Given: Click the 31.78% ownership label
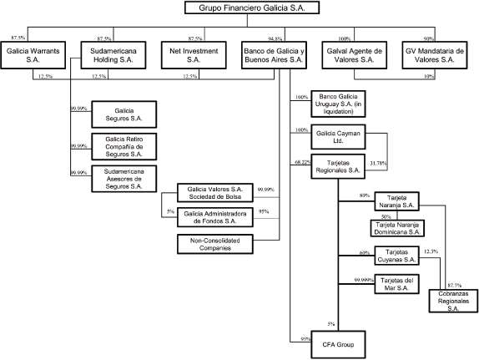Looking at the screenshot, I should [378, 163].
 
